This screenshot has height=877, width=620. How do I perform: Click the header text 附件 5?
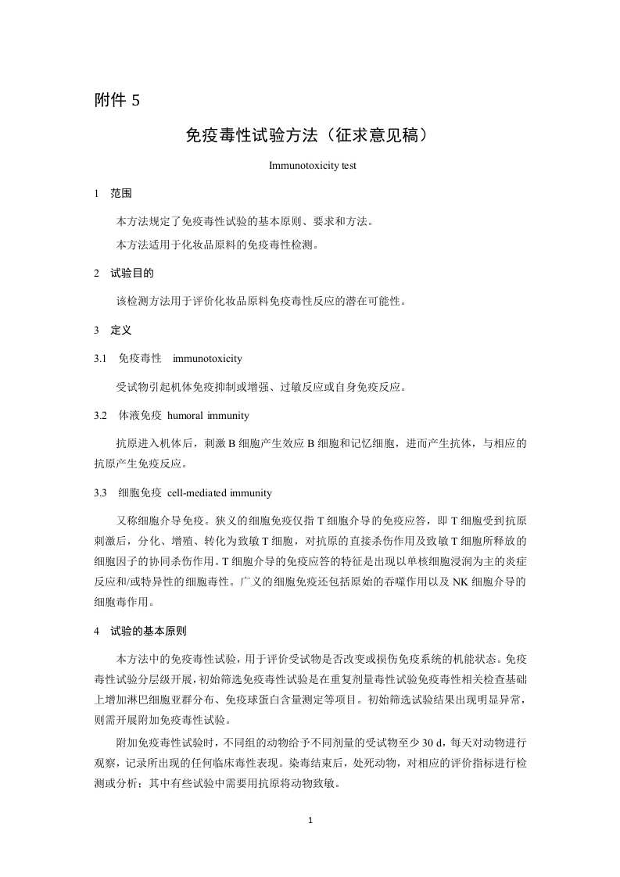coord(116,100)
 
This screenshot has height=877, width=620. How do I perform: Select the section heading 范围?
coord(121,193)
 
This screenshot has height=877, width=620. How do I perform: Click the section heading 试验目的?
coord(132,274)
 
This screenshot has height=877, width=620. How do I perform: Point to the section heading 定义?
coord(121,331)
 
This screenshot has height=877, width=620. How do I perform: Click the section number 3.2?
coord(99,415)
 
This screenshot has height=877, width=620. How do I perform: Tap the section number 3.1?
coord(99,359)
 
